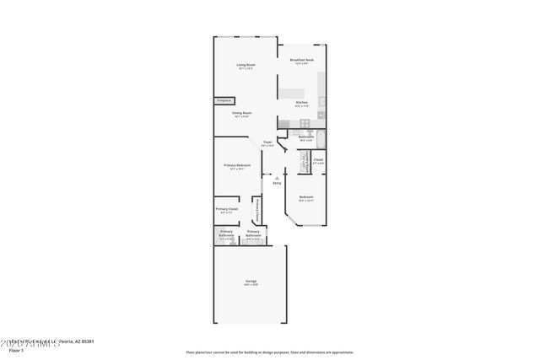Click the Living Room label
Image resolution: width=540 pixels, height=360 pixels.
[x=246, y=65]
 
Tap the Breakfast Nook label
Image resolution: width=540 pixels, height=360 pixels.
[x=302, y=60]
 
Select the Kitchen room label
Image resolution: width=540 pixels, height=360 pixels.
[x=301, y=102]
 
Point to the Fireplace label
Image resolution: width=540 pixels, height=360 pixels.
[x=224, y=100]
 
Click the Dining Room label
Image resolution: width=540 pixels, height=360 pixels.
[x=243, y=113]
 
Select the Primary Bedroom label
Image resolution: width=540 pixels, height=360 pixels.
[x=237, y=165]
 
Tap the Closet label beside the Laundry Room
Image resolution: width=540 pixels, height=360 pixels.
[x=318, y=159]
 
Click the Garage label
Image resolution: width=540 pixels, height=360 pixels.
[x=251, y=281]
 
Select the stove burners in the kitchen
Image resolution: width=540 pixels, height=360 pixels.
[x=284, y=124]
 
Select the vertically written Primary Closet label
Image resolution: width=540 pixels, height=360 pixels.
[x=257, y=208]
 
